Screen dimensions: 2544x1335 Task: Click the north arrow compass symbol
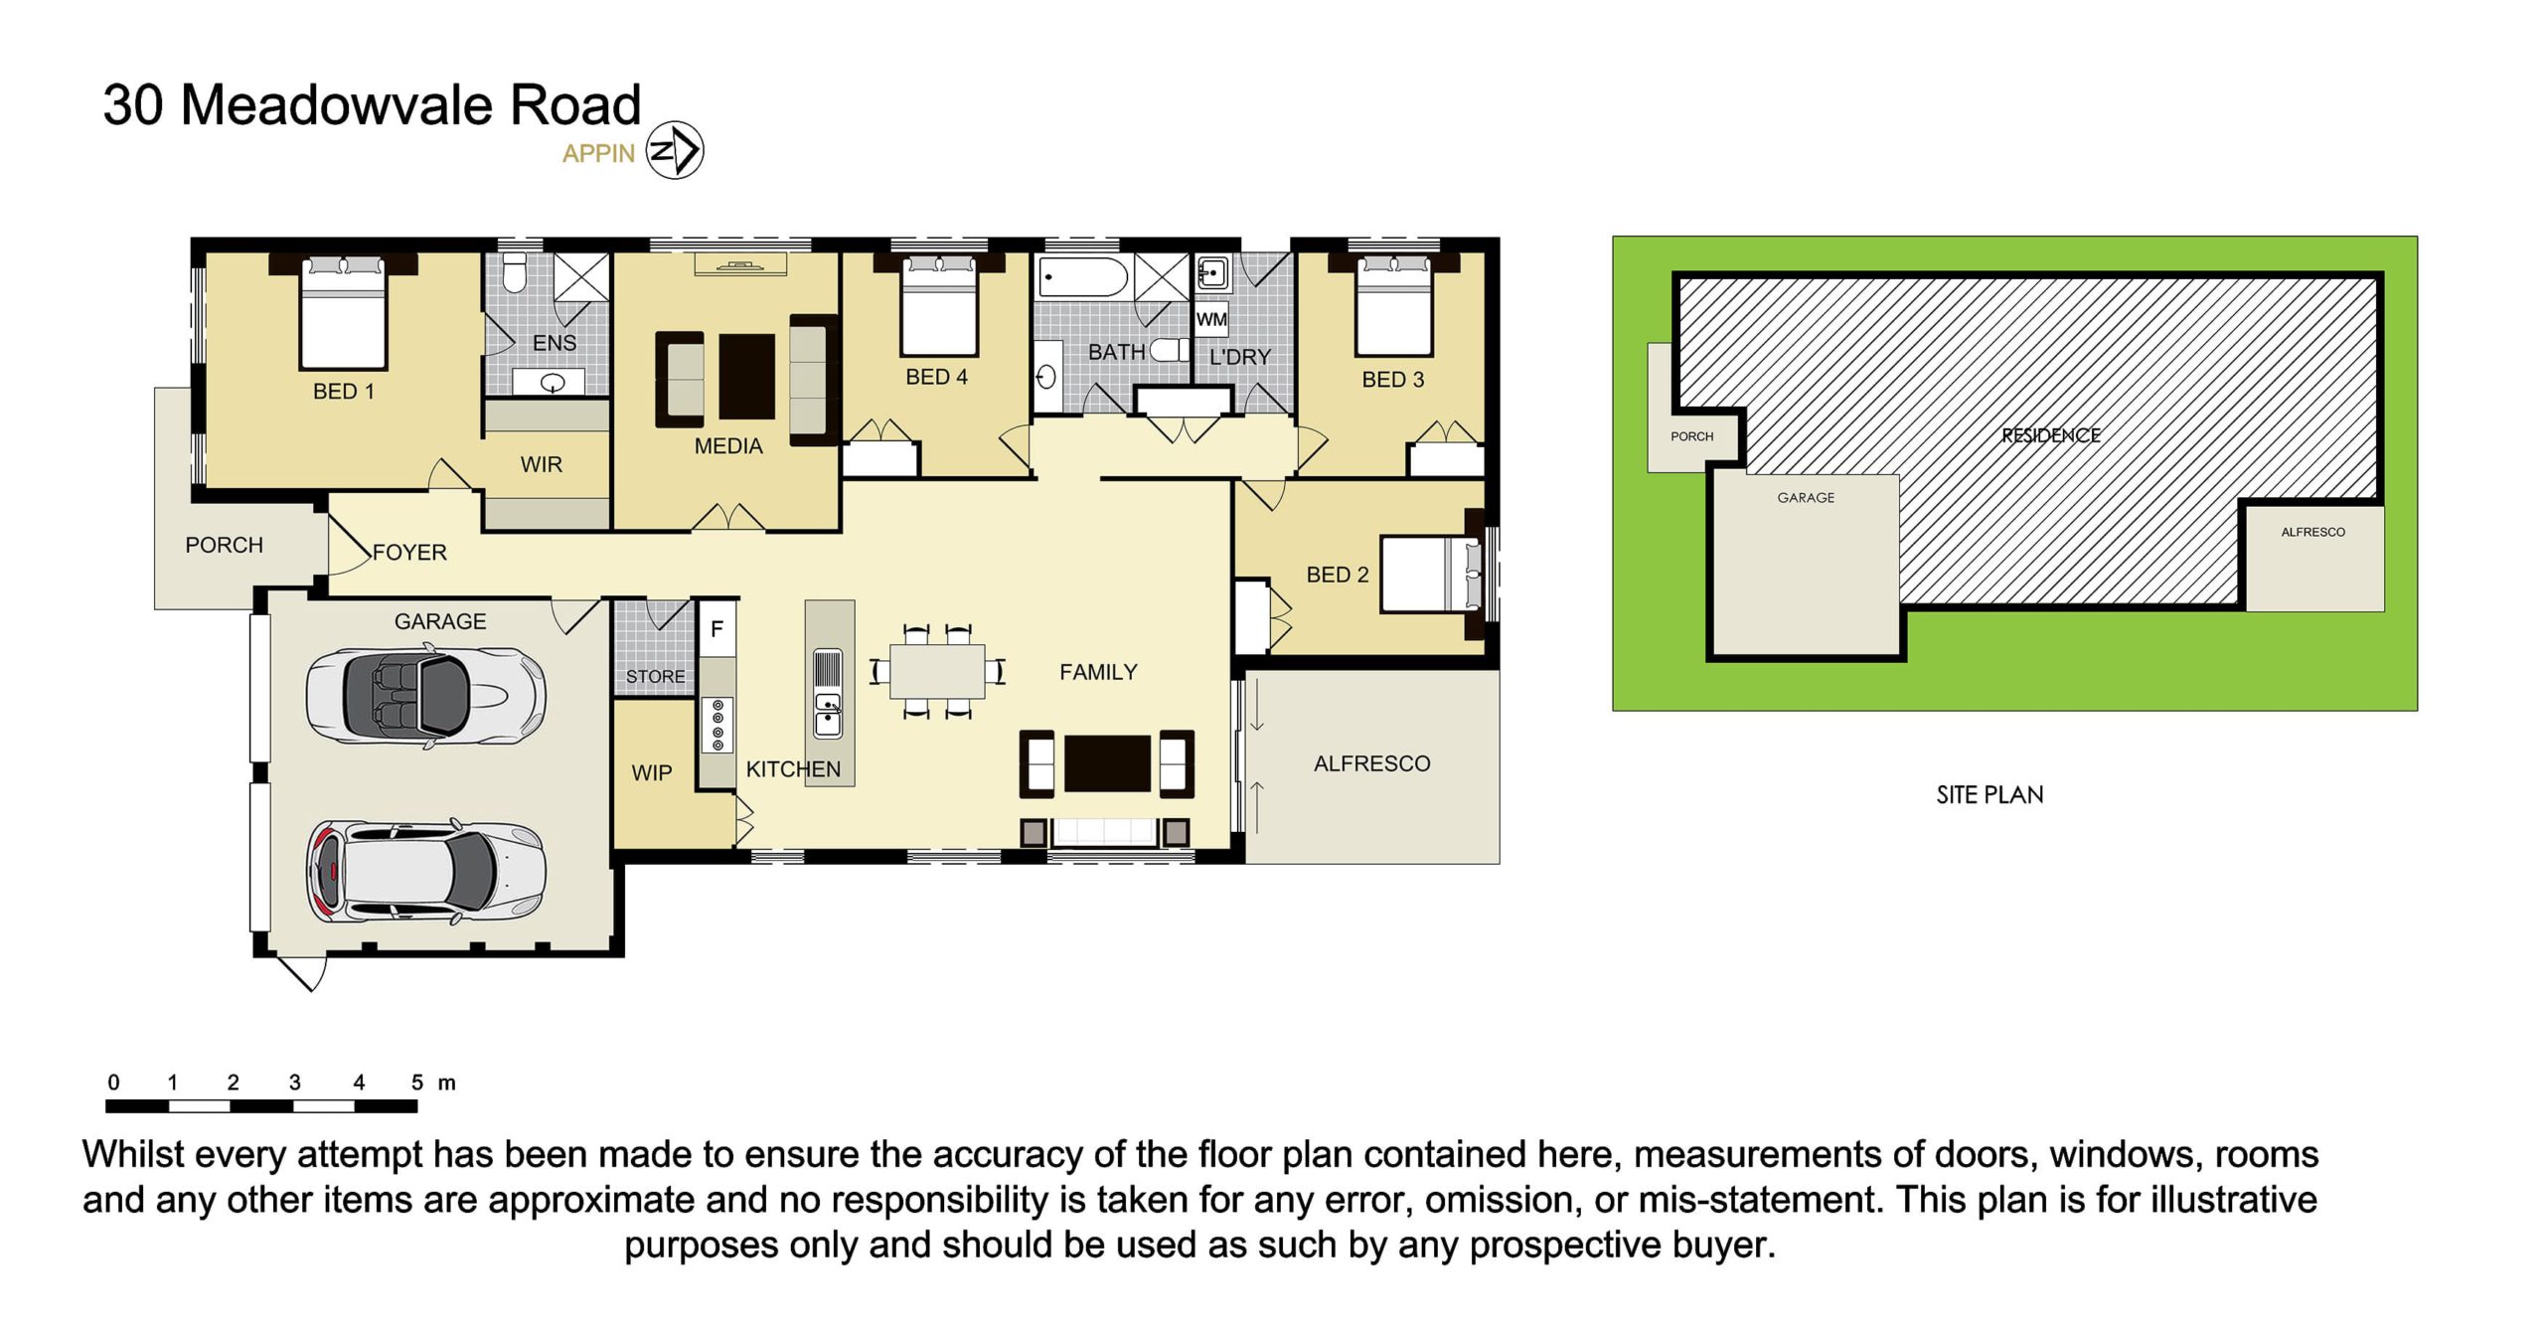[675, 151]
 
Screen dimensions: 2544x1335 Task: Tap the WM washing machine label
[1211, 319]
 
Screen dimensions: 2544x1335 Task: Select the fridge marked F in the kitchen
[716, 628]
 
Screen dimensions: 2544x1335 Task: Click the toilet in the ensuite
[514, 272]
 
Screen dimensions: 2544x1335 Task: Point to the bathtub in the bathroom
[1083, 276]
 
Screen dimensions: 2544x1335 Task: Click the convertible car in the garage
[426, 695]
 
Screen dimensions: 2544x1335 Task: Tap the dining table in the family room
[937, 672]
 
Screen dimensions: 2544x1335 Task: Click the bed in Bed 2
[1431, 574]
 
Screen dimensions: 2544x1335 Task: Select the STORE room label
[655, 676]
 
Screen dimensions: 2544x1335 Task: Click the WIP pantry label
[652, 772]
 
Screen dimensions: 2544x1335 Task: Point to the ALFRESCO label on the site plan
[2312, 532]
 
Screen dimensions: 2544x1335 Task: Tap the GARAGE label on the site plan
[1806, 497]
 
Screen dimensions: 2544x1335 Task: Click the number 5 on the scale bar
[417, 1082]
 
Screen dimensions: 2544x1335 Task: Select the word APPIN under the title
[598, 153]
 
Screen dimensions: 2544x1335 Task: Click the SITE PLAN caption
[1989, 794]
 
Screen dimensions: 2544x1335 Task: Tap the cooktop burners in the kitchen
[717, 725]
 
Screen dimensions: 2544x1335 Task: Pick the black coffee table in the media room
[746, 376]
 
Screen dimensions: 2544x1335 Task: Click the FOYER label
[409, 552]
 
